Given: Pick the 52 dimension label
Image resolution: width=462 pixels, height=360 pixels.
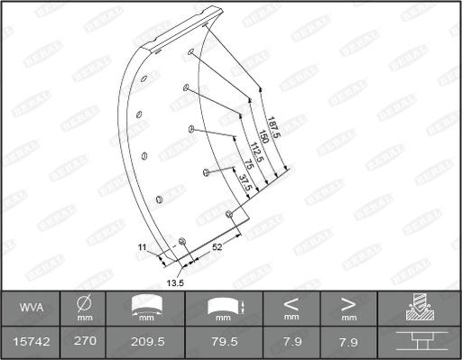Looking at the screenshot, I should point(217,246).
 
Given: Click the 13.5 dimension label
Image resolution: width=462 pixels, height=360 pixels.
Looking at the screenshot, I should point(175,282).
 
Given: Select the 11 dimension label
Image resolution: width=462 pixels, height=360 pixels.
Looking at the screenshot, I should point(142,246).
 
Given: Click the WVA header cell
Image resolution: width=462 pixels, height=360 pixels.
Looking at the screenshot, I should point(27,309).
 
